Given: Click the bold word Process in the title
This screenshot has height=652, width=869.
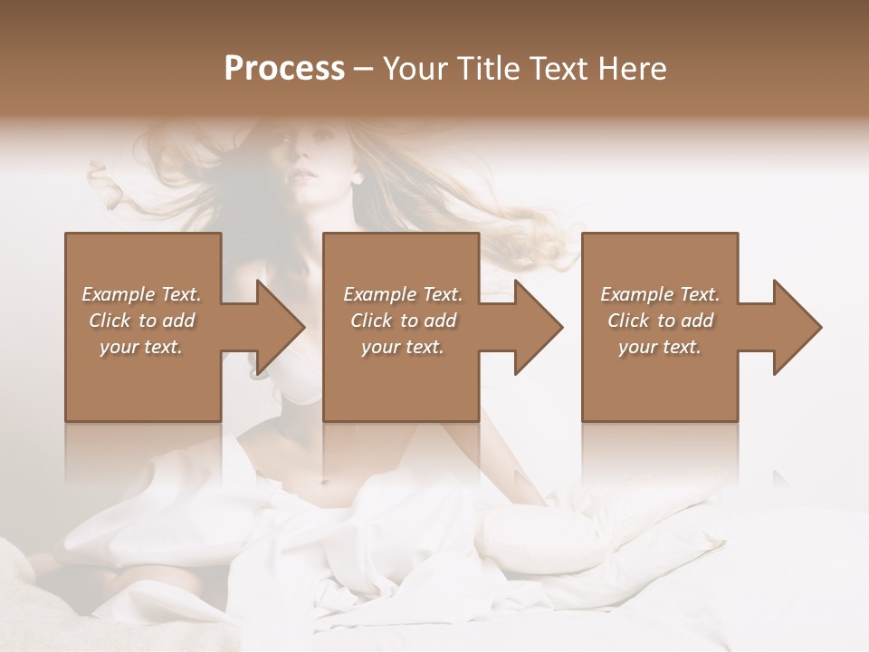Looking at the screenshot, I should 284,69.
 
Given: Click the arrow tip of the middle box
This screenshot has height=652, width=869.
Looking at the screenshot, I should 561,327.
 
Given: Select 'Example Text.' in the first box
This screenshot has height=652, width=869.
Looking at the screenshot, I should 141,294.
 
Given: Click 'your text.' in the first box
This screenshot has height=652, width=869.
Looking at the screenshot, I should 141,346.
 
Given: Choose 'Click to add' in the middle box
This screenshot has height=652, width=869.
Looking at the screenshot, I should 403,321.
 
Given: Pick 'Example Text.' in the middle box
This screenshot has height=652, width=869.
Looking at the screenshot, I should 403,294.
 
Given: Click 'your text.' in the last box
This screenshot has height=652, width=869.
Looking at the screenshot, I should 660,346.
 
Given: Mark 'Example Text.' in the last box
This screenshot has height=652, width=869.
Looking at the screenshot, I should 660,294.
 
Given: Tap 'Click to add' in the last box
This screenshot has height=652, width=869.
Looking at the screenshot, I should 660,321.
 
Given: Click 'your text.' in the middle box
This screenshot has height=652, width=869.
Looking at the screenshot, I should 403,346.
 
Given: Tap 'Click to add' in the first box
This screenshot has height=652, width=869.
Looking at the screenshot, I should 141,321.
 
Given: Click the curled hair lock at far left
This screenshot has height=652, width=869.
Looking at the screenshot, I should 109,186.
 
